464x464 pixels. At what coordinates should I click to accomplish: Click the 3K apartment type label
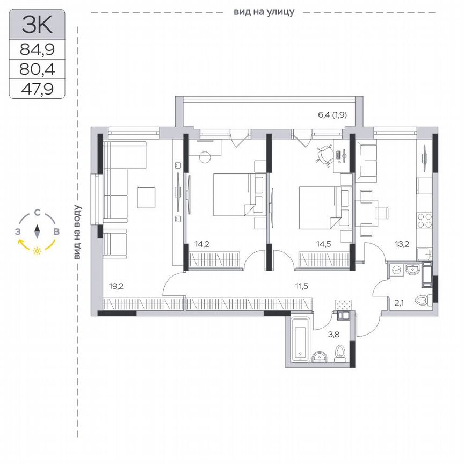pyautogui.click(x=37, y=25)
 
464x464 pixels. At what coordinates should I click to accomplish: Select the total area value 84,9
pyautogui.click(x=37, y=50)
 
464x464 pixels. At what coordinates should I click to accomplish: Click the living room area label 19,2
pyautogui.click(x=117, y=286)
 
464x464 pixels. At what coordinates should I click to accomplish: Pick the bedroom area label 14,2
pyautogui.click(x=202, y=244)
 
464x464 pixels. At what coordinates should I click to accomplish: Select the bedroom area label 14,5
pyautogui.click(x=323, y=244)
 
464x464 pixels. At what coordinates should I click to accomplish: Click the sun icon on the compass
pyautogui.click(x=37, y=251)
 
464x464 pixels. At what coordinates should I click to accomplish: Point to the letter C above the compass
pyautogui.click(x=37, y=213)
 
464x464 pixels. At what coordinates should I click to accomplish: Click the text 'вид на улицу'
pyautogui.click(x=264, y=11)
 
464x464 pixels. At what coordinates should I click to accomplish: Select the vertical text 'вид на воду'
pyautogui.click(x=78, y=233)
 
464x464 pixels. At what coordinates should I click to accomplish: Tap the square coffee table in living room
pyautogui.click(x=146, y=197)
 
